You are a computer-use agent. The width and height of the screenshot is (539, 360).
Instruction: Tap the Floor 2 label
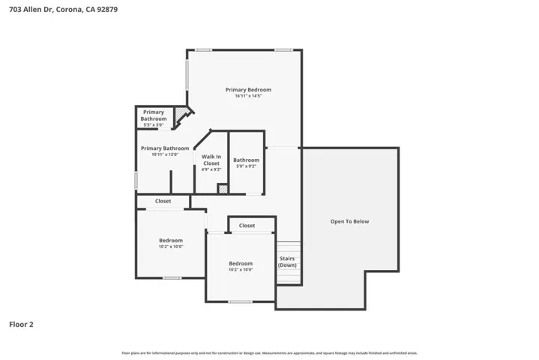21,325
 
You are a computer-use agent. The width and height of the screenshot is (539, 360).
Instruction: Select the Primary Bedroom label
248,90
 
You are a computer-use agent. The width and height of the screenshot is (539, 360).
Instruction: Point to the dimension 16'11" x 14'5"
248,96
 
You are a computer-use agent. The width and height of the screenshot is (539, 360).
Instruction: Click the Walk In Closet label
211,160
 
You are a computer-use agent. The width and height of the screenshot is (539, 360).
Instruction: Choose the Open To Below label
350,221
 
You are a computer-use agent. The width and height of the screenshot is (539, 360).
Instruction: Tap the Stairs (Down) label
287,262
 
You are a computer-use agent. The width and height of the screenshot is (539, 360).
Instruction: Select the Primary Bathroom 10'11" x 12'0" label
165,148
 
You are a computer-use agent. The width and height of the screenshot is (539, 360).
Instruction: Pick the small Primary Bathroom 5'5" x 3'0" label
154,115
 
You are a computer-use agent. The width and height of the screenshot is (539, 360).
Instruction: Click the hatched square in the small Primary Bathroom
180,115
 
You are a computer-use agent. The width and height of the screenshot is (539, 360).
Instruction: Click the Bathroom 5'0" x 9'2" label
246,160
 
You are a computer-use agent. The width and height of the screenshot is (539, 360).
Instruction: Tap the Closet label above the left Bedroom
163,201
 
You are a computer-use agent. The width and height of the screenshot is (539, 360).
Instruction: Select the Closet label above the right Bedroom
247,225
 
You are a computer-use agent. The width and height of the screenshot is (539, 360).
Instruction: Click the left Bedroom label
170,241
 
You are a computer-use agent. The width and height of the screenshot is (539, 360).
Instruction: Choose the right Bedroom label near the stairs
241,263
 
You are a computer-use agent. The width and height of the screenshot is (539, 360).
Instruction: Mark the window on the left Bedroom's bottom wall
172,278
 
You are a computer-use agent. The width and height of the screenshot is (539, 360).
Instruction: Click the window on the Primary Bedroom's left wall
187,74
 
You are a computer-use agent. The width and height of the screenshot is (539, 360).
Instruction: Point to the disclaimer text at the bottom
269,352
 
